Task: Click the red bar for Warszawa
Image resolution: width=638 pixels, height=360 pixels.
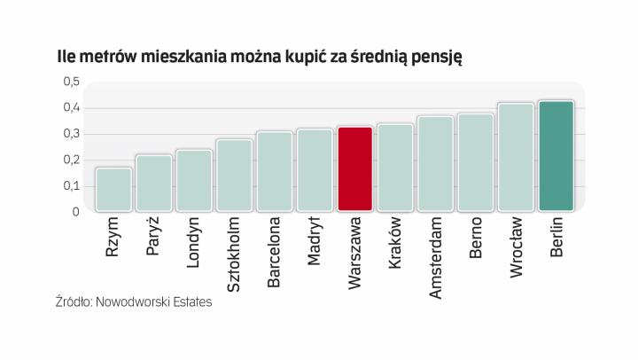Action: tap(354, 169)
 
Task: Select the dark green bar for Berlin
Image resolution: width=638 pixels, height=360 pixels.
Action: tap(556, 157)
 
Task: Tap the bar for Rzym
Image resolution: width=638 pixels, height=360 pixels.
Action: tap(113, 190)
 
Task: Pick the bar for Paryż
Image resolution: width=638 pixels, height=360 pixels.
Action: tap(153, 184)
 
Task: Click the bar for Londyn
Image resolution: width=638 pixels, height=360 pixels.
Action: tap(193, 181)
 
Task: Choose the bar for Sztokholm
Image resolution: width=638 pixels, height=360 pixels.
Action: tap(234, 176)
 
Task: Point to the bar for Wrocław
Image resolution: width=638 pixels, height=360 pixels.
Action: tap(516, 158)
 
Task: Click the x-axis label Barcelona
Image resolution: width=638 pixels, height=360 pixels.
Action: tap(274, 253)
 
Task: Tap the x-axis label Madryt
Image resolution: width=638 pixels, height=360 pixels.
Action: tap(315, 242)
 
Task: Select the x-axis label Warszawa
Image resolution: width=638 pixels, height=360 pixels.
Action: tap(354, 252)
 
